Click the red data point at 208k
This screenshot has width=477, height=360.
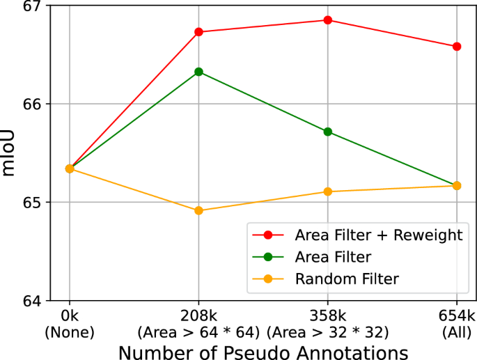pyautogui.click(x=198, y=32)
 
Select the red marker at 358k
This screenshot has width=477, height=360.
pyautogui.click(x=328, y=20)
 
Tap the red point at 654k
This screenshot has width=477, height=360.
pyautogui.click(x=457, y=47)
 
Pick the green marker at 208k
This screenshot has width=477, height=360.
pyautogui.click(x=198, y=72)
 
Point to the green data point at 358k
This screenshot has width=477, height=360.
pyautogui.click(x=328, y=132)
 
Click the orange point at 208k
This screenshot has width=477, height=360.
pyautogui.click(x=198, y=210)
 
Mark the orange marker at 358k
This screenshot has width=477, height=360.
pyautogui.click(x=328, y=191)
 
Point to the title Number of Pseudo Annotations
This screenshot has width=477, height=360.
pyautogui.click(x=263, y=348)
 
